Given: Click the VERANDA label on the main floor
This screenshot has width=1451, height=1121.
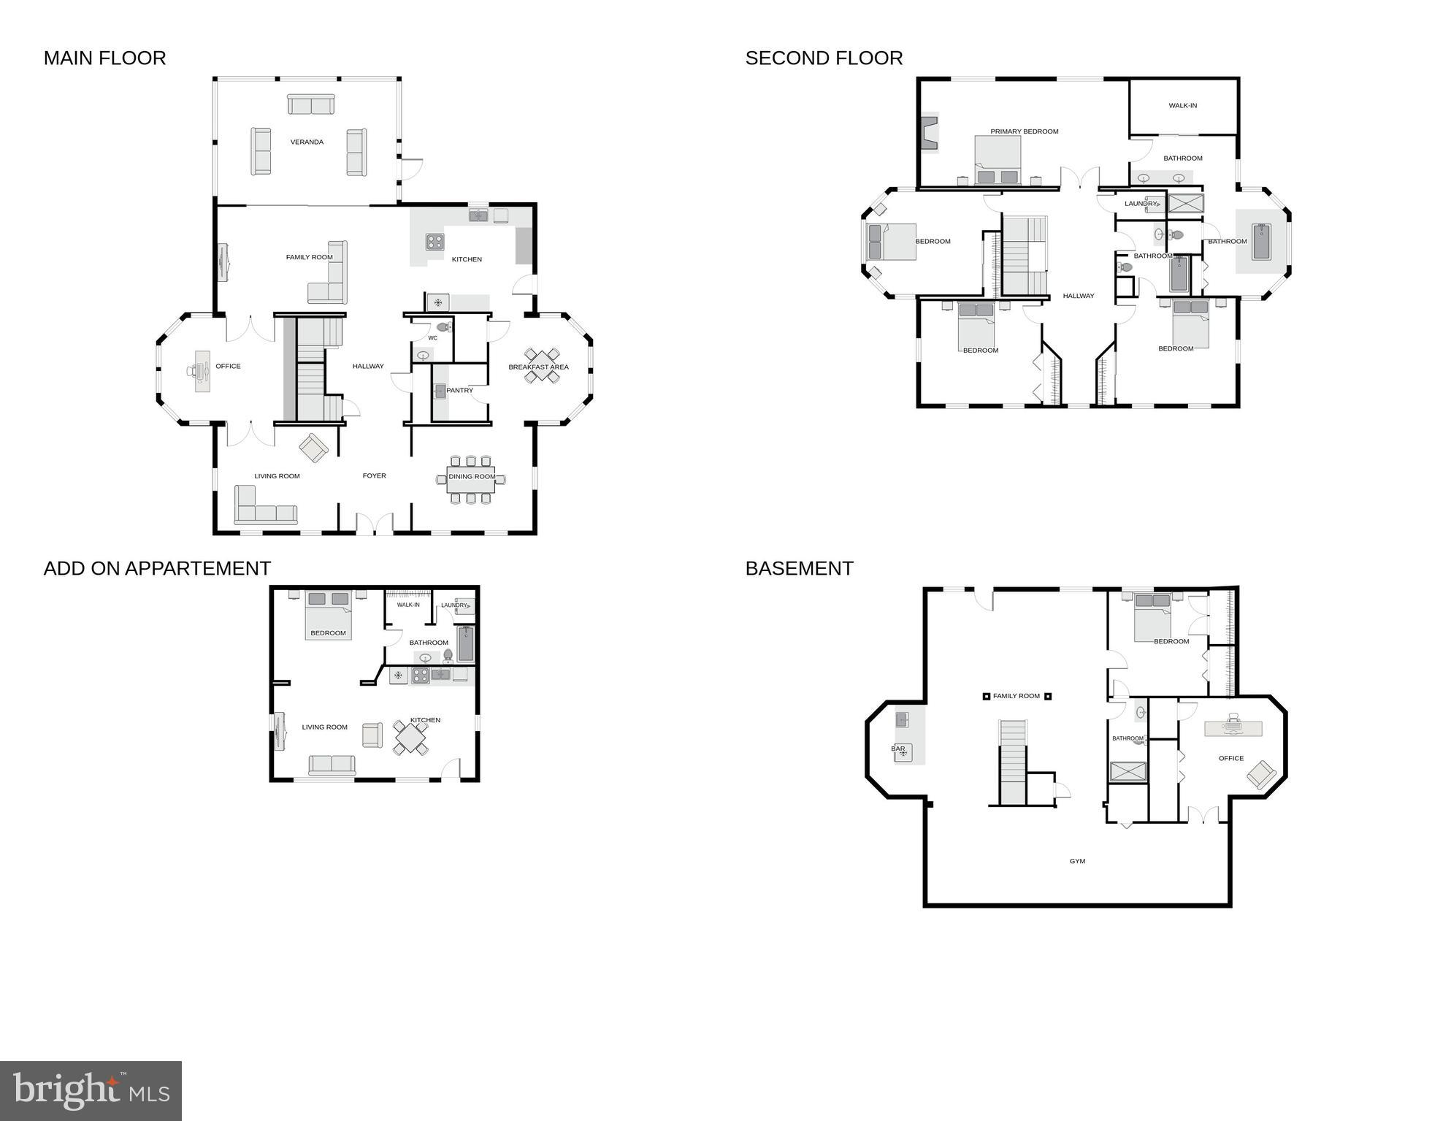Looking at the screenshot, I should [307, 142].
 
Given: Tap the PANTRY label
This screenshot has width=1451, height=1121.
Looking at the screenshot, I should [459, 391].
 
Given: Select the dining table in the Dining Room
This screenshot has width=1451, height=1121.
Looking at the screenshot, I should [471, 479].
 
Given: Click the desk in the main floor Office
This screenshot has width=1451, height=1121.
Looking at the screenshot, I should [202, 372].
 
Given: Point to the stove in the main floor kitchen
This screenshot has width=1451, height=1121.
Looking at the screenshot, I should [434, 242].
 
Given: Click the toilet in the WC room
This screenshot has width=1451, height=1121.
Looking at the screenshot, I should [443, 327].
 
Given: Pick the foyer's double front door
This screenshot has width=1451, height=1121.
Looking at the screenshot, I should [374, 524].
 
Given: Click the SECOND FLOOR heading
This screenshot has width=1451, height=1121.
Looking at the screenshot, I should [824, 58].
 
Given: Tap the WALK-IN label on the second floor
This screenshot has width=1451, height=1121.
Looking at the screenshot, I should [1182, 106].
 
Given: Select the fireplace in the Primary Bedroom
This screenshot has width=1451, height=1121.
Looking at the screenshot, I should [929, 133].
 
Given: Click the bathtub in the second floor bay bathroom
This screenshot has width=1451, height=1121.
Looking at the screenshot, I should [1261, 242].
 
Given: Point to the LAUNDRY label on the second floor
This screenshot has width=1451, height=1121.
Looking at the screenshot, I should [1140, 204].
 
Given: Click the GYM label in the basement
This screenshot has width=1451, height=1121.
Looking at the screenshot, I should [1077, 862].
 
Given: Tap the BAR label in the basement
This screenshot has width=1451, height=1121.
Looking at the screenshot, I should [897, 749].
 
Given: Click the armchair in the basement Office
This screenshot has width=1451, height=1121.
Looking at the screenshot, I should [1261, 774].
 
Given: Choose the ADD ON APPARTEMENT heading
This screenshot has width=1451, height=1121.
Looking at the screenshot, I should [157, 569].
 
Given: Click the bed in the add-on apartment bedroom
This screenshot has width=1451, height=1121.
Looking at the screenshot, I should [328, 615].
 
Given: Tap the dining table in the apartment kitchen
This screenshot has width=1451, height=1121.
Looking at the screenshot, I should [411, 738].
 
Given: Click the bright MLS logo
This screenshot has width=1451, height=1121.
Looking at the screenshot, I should [91, 1090].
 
